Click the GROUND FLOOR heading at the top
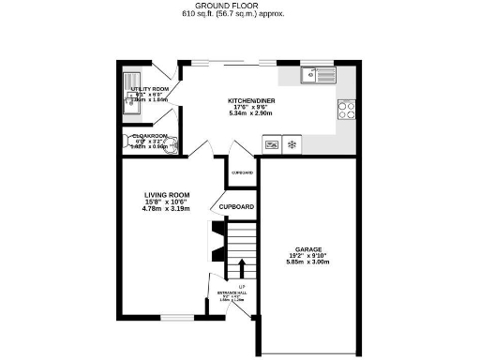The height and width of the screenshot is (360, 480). (x=239, y=6)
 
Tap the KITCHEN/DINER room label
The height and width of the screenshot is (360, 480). (x=249, y=100)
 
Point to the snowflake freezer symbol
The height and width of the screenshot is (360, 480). (x=292, y=145)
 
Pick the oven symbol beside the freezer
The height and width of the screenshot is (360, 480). (x=271, y=145)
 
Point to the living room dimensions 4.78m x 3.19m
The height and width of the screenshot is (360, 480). (x=165, y=208)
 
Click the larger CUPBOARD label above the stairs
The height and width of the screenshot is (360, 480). (x=237, y=206)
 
